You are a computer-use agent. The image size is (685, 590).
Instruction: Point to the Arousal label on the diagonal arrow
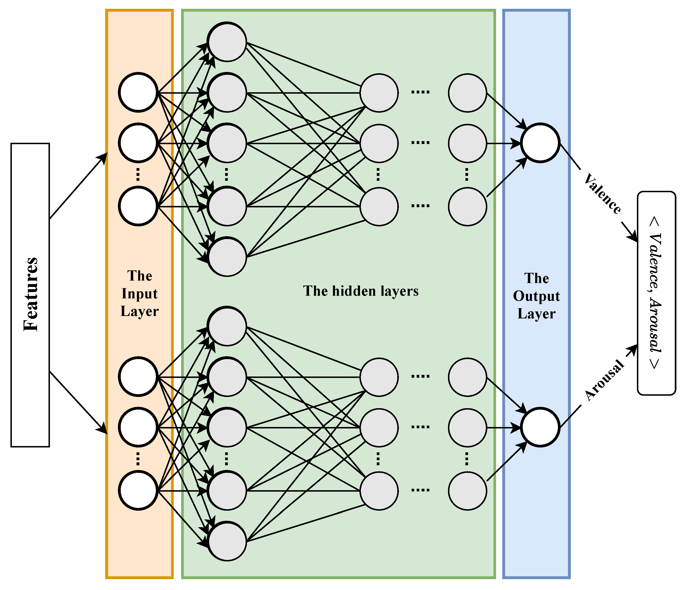pyautogui.click(x=604, y=381)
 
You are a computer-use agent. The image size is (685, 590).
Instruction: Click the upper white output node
pyautogui.click(x=540, y=143)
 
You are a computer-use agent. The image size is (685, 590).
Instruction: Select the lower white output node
pyautogui.click(x=540, y=427)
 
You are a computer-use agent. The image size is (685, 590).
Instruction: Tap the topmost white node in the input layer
pyautogui.click(x=138, y=92)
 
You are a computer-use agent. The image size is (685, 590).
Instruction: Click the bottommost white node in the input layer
pyautogui.click(x=138, y=491)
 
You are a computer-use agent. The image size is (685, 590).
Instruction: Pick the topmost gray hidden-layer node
pyautogui.click(x=227, y=42)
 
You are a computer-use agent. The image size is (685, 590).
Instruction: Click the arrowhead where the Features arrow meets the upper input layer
pyautogui.click(x=103, y=158)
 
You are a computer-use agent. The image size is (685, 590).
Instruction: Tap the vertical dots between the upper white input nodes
pyautogui.click(x=138, y=174)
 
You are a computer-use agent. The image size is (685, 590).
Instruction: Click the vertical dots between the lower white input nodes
pyautogui.click(x=138, y=459)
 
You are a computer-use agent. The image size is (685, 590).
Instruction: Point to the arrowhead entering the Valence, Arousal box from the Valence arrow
pyautogui.click(x=633, y=237)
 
